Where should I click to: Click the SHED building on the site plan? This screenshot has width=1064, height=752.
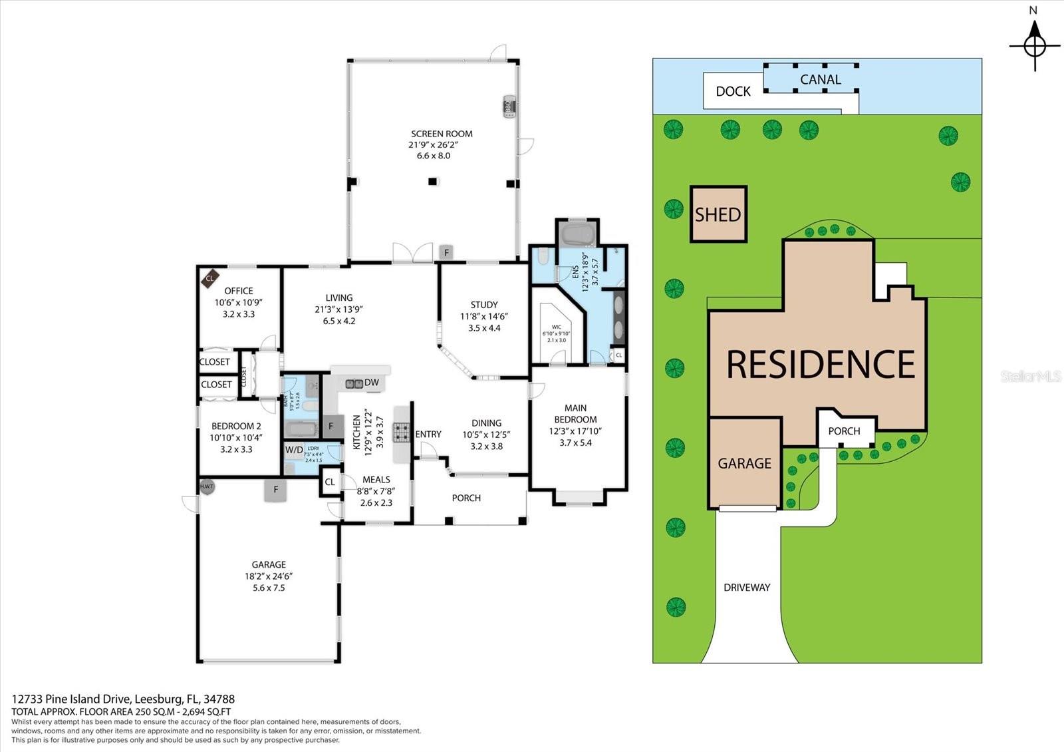click(x=718, y=214)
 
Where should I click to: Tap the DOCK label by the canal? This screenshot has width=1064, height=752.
click(x=733, y=91)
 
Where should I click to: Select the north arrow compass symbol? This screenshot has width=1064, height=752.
click(x=1034, y=46)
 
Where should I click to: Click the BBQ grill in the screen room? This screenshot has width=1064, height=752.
click(x=509, y=106)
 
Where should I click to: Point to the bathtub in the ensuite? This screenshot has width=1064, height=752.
click(x=579, y=234)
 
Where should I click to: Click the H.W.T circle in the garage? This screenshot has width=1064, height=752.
click(x=207, y=486)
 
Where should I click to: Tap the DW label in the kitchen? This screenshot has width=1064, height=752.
click(x=372, y=382)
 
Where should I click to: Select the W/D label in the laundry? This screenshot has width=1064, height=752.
click(x=294, y=449)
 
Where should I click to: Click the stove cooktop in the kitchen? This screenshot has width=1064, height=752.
click(x=402, y=433)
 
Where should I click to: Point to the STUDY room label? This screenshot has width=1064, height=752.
click(x=483, y=305)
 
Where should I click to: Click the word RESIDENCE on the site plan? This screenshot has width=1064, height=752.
click(x=820, y=364)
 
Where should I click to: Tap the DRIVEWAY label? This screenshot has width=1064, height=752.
click(x=747, y=587)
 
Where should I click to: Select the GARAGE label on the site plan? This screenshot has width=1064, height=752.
click(x=744, y=463)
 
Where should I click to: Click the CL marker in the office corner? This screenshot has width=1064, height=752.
click(x=209, y=278)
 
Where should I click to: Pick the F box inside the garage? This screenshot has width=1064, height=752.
click(x=275, y=490)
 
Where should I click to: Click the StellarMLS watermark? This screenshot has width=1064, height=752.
click(x=1031, y=377)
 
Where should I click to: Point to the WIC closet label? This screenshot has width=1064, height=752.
click(x=557, y=327)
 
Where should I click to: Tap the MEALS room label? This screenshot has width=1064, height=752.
click(x=376, y=479)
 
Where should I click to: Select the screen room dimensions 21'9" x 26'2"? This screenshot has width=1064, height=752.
click(x=434, y=144)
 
